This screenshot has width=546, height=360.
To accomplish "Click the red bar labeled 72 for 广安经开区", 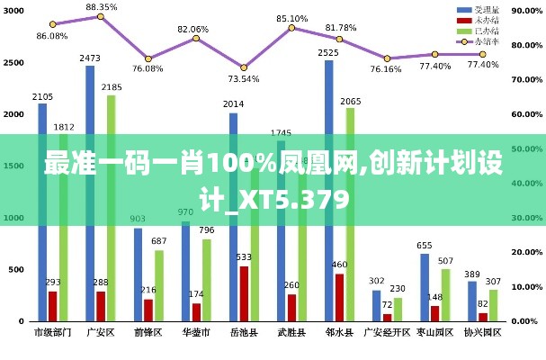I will (387, 317).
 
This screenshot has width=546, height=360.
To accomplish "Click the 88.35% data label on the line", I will (102, 7).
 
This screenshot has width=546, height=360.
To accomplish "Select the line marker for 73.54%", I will (244, 67).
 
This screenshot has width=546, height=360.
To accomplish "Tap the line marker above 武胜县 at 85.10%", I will (291, 28).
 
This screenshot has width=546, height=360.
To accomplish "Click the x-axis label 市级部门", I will (52, 332).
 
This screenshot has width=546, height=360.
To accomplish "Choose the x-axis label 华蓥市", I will (195, 332).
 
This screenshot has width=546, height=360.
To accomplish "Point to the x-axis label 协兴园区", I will (482, 332).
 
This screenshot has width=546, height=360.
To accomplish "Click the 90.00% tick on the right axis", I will (526, 11).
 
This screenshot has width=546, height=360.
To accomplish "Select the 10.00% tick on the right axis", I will (526, 286).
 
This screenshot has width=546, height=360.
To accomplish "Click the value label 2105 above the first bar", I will (41, 96).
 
